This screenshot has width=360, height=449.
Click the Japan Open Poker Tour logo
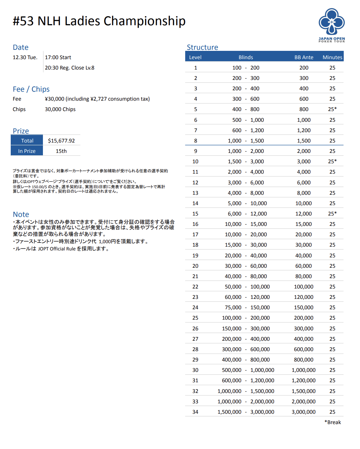(x=332, y=25)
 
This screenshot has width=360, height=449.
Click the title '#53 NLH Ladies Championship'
(x=99, y=21)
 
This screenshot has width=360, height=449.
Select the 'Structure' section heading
(x=202, y=47)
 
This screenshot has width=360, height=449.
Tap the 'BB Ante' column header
(x=304, y=57)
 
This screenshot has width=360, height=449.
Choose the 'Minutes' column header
(x=332, y=57)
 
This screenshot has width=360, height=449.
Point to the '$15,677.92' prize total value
(x=61, y=141)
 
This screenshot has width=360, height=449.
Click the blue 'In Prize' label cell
(x=27, y=151)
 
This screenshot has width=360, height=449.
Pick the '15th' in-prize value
(x=61, y=151)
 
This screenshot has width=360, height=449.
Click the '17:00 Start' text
(x=58, y=57)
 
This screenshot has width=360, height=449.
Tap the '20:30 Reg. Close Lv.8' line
(x=70, y=68)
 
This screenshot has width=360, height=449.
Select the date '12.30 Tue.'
(x=25, y=57)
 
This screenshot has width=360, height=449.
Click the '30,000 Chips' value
(x=60, y=109)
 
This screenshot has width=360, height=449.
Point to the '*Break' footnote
(x=333, y=422)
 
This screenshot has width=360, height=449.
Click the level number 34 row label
(x=195, y=412)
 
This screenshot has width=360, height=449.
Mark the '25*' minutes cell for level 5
(x=332, y=109)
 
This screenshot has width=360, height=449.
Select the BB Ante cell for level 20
(x=304, y=266)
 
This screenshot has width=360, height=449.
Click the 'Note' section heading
(x=21, y=214)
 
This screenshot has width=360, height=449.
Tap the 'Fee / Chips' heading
(x=31, y=89)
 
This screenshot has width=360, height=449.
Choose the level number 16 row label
(x=195, y=224)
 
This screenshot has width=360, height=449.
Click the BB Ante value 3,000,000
(x=304, y=412)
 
